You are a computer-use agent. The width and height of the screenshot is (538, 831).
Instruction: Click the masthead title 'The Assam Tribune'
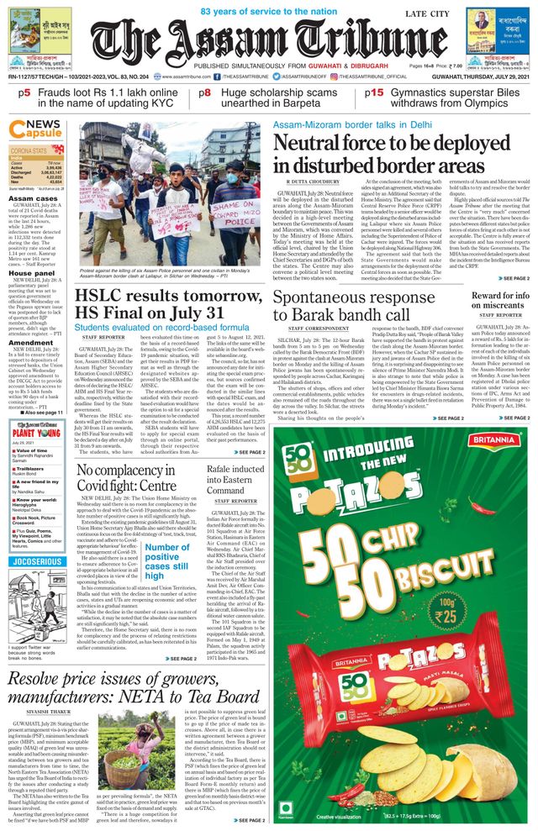tap(267, 38)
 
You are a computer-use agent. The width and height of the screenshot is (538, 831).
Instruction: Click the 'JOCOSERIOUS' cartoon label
tap(39, 583)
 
